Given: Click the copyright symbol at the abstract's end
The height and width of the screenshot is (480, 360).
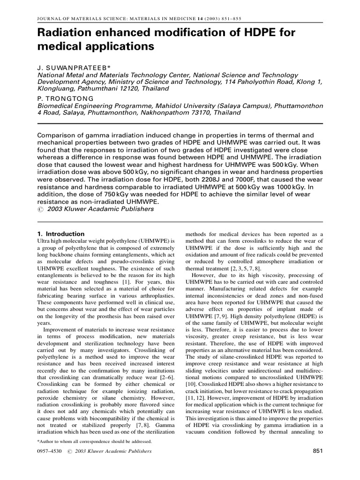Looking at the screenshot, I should click(x=39, y=209).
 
